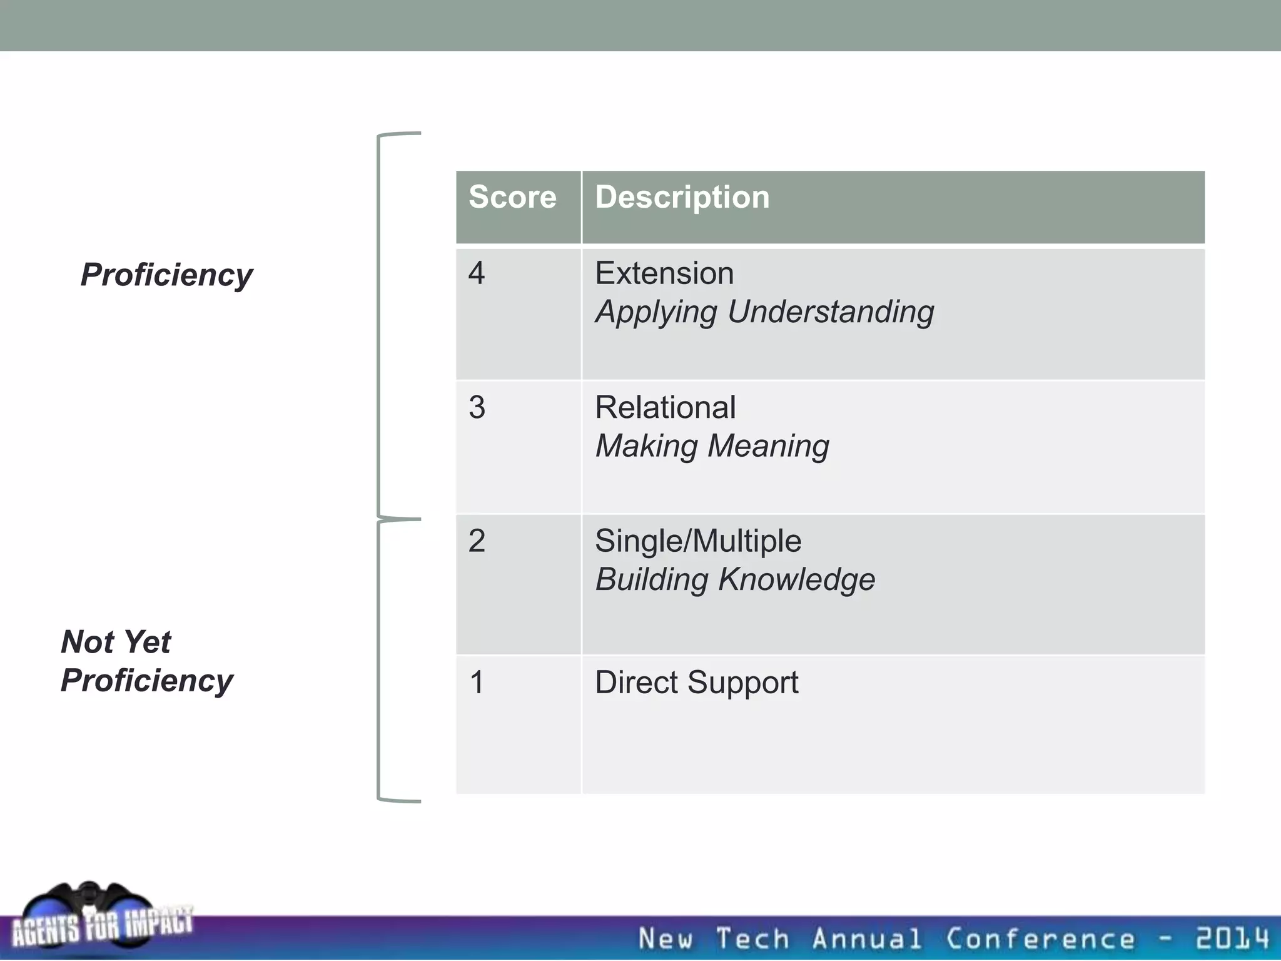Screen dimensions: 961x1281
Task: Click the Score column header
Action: (x=512, y=197)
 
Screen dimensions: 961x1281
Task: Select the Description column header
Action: (x=682, y=198)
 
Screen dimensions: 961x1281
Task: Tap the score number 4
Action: (x=477, y=273)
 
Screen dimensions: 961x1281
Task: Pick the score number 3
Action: (x=477, y=408)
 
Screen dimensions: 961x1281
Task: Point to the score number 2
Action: (x=477, y=541)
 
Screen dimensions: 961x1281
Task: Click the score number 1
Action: (x=477, y=683)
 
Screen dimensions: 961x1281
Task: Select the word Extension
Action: (x=664, y=273)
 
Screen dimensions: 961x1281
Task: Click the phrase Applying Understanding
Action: (x=764, y=312)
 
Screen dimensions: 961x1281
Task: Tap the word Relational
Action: (x=665, y=408)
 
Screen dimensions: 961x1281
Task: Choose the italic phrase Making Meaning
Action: (x=712, y=446)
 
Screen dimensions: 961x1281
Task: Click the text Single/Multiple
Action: (x=698, y=541)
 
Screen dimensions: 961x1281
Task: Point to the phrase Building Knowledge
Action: (x=735, y=579)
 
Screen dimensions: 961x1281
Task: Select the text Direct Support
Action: (x=696, y=683)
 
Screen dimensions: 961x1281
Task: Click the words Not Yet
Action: (x=116, y=642)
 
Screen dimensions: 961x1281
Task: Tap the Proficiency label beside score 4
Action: (x=166, y=275)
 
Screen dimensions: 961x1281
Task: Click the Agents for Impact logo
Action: (x=100, y=920)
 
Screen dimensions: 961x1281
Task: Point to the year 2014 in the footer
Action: (x=1232, y=939)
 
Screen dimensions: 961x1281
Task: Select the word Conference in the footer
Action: (x=1040, y=939)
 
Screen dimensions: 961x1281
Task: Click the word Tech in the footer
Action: (x=752, y=939)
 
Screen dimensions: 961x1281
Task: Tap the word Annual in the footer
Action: (x=866, y=939)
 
